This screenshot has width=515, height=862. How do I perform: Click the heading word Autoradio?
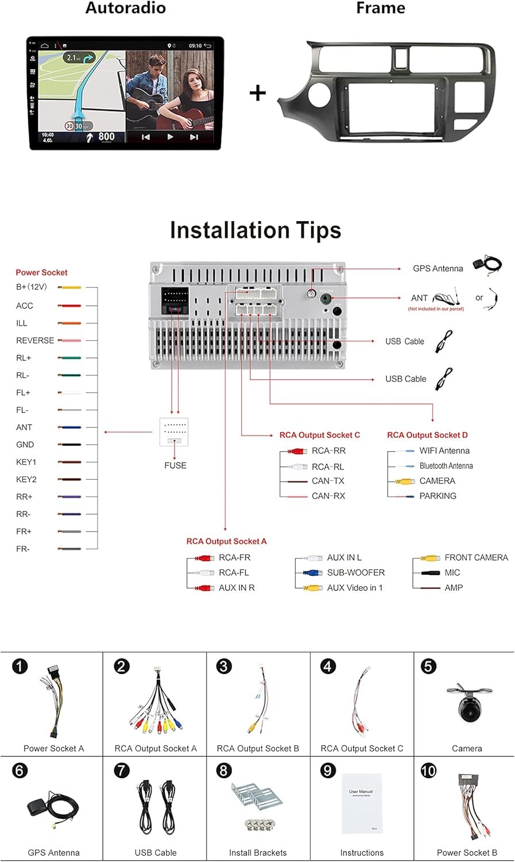click(125, 8)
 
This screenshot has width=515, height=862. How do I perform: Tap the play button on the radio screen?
click(170, 137)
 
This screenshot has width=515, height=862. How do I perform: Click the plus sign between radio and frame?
click(258, 93)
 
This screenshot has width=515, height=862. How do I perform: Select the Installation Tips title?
click(255, 230)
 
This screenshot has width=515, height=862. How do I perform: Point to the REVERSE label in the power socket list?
click(35, 340)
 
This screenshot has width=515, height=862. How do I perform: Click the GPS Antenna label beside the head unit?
click(437, 268)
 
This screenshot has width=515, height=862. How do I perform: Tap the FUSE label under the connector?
click(175, 465)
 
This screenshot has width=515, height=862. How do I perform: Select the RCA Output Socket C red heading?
click(320, 435)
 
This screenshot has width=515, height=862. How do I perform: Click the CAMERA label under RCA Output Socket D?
click(437, 481)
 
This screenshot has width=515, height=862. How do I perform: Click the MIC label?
click(452, 572)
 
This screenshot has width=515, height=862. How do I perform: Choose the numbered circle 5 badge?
click(428, 667)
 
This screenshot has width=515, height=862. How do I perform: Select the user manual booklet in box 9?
click(361, 803)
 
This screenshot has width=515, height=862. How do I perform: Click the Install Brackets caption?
click(258, 853)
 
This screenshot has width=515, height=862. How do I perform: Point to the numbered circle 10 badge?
click(428, 771)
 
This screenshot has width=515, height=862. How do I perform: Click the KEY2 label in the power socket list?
click(26, 479)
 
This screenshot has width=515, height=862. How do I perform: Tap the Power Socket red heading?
click(41, 272)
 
